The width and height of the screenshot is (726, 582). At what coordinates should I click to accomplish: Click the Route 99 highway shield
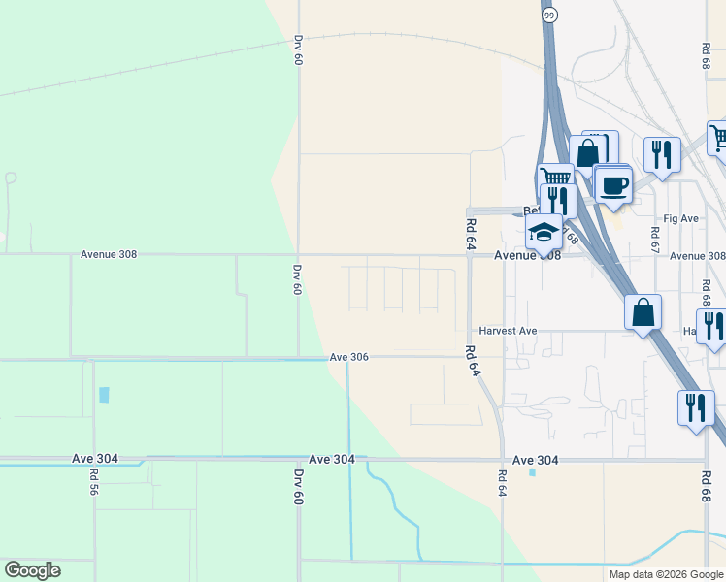pyautogui.click(x=550, y=15)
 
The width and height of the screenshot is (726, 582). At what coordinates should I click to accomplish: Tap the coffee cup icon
pyautogui.click(x=612, y=183)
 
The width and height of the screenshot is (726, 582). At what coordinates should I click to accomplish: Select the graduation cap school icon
pyautogui.click(x=544, y=232)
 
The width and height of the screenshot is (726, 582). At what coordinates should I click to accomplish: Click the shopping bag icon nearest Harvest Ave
pyautogui.click(x=643, y=312)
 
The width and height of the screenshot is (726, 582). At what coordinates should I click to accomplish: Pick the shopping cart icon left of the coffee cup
pyautogui.click(x=556, y=178)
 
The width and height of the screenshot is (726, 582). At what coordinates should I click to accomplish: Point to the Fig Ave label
pyautogui.click(x=680, y=219)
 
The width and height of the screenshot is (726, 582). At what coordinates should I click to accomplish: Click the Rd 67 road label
pyautogui.click(x=655, y=240)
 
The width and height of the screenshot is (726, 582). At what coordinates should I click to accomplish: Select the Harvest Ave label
pyautogui.click(x=507, y=331)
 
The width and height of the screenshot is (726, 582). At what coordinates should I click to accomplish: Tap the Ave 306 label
pyautogui.click(x=348, y=357)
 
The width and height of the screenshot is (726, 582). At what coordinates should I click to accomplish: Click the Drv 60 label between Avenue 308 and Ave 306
pyautogui.click(x=298, y=278)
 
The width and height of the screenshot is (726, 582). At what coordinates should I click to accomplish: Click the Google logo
pyautogui.click(x=32, y=570)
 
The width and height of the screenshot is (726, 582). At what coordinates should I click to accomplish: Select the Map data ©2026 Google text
pyautogui.click(x=665, y=574)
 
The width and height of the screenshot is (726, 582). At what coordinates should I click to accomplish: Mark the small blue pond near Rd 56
pyautogui.click(x=104, y=395)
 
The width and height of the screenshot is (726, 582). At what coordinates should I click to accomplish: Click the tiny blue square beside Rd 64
pyautogui.click(x=532, y=472)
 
